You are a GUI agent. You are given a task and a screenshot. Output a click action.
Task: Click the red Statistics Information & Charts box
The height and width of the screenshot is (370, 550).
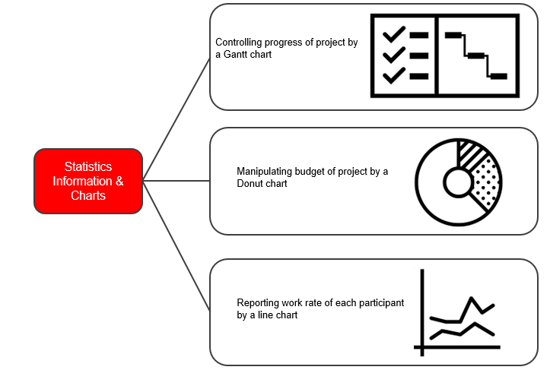pyautogui.click(x=88, y=181)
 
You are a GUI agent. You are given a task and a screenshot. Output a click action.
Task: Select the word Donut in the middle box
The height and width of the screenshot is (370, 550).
pyautogui.click(x=249, y=183)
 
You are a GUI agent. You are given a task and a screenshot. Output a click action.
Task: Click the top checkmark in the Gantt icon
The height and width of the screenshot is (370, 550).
pyautogui.click(x=394, y=34)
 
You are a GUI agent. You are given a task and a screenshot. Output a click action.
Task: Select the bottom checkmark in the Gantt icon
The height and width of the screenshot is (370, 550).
pyautogui.click(x=394, y=75)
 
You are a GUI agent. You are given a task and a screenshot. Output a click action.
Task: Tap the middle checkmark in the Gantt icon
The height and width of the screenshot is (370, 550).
pyautogui.click(x=394, y=55)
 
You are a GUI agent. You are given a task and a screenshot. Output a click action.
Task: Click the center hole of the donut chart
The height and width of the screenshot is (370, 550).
pyautogui.click(x=459, y=182)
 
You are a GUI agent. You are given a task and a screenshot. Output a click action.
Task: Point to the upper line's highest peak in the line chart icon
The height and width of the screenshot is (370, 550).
pyautogui.click(x=471, y=298)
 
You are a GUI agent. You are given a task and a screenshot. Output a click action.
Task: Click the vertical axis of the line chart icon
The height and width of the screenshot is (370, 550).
pyautogui.click(x=422, y=312)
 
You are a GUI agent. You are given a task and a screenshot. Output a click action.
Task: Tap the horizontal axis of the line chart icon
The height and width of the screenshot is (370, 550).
pyautogui.click(x=457, y=347)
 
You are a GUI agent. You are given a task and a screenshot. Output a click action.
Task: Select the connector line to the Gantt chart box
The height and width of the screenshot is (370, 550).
pyautogui.click(x=176, y=119)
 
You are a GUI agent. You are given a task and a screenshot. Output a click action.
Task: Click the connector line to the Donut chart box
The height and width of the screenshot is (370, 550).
pyautogui.click(x=176, y=181)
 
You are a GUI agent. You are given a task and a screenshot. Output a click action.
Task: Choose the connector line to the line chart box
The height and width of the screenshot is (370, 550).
pyautogui.click(x=176, y=246)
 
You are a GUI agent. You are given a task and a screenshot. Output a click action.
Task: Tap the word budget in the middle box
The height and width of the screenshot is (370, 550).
pyautogui.click(x=310, y=172)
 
